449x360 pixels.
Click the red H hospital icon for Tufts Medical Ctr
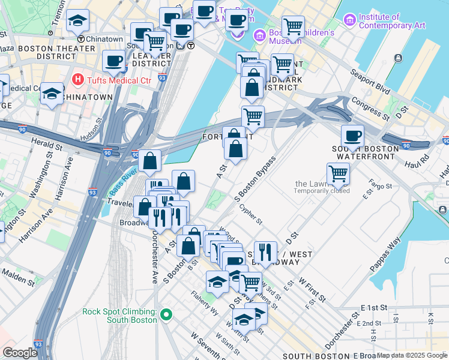click(x=77, y=79)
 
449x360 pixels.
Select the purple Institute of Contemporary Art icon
click(x=349, y=21)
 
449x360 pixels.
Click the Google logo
click(x=20, y=352)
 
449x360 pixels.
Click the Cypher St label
click(x=250, y=214)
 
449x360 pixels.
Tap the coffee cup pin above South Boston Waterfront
click(x=352, y=135)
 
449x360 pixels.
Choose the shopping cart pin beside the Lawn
click(x=339, y=173)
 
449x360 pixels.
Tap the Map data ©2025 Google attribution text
click(x=412, y=355)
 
